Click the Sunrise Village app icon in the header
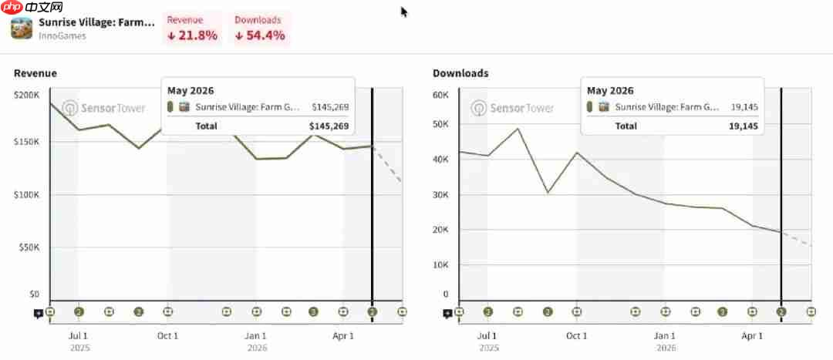pos(22,29)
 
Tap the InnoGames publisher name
pos(62,36)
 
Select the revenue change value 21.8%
pos(192,35)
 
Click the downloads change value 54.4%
pos(261,35)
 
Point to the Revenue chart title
pos(35,73)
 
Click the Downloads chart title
pos(460,73)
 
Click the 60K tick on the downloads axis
pos(441,95)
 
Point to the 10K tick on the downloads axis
pos(441,264)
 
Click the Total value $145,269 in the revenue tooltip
pos(329,126)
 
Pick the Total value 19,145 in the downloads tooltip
pos(744,126)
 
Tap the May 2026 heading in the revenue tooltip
pos(191,90)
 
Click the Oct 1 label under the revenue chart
pos(168,335)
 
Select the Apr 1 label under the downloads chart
pos(752,335)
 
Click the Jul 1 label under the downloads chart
pos(487,335)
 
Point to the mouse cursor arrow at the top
pos(404,12)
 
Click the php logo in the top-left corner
pos(11,7)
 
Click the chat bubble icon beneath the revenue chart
pos(39,314)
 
